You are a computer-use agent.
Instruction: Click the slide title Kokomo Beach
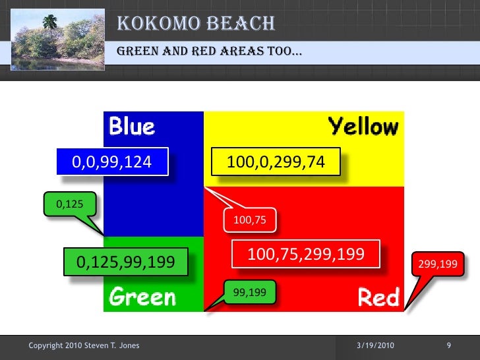pyautogui.click(x=196, y=24)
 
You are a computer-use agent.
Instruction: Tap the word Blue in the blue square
pyautogui.click(x=131, y=125)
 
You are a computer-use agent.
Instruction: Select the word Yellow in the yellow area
pyautogui.click(x=363, y=126)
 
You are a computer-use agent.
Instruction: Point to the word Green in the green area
pyautogui.click(x=142, y=297)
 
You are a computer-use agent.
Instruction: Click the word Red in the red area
pyautogui.click(x=378, y=298)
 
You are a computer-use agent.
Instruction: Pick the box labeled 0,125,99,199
pyautogui.click(x=126, y=262)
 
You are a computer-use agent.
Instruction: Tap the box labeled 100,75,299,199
pyautogui.click(x=305, y=254)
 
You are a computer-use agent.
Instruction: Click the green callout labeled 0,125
pyautogui.click(x=69, y=204)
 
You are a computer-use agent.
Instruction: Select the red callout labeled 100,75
pyautogui.click(x=250, y=220)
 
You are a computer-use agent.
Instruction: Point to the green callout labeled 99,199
pyautogui.click(x=250, y=291)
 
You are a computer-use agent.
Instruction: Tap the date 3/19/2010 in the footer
pyautogui.click(x=375, y=345)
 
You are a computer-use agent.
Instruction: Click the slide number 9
pyautogui.click(x=448, y=345)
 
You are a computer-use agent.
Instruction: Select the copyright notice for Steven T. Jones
pyautogui.click(x=84, y=345)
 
